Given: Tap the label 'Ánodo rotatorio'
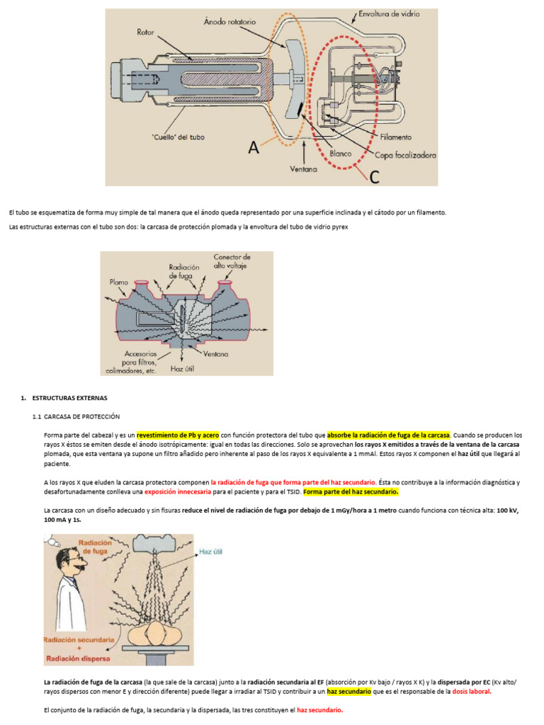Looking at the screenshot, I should pos(229,22).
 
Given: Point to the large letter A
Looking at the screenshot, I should pos(254,149).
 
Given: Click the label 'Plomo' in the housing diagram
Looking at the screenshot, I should pos(119,282).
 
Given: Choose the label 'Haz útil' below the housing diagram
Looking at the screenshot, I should pos(182,368).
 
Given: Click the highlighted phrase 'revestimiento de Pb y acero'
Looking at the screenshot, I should pos(178,435).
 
